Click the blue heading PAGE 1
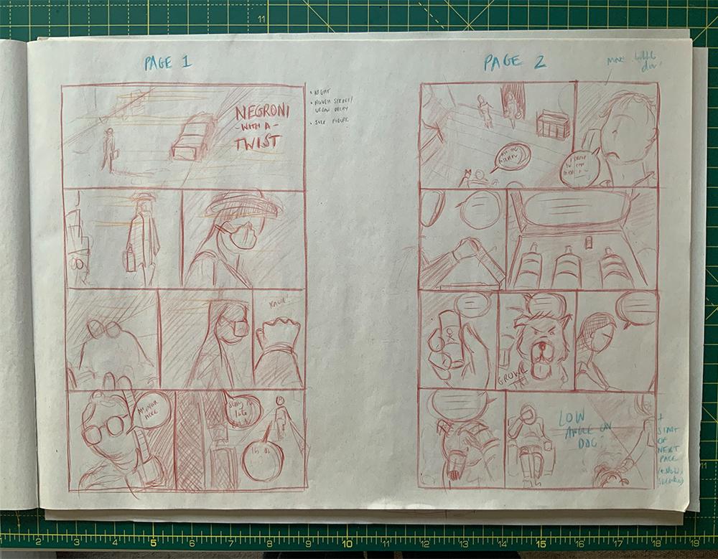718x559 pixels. (x=167, y=62)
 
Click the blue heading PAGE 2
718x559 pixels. (x=514, y=62)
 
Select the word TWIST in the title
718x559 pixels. (x=257, y=141)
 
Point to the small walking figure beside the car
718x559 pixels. (x=108, y=149)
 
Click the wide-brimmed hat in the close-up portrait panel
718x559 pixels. (x=243, y=205)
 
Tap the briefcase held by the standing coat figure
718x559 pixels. (x=130, y=259)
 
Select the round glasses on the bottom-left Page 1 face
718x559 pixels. (x=106, y=428)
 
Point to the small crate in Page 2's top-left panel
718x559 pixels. (x=553, y=124)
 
